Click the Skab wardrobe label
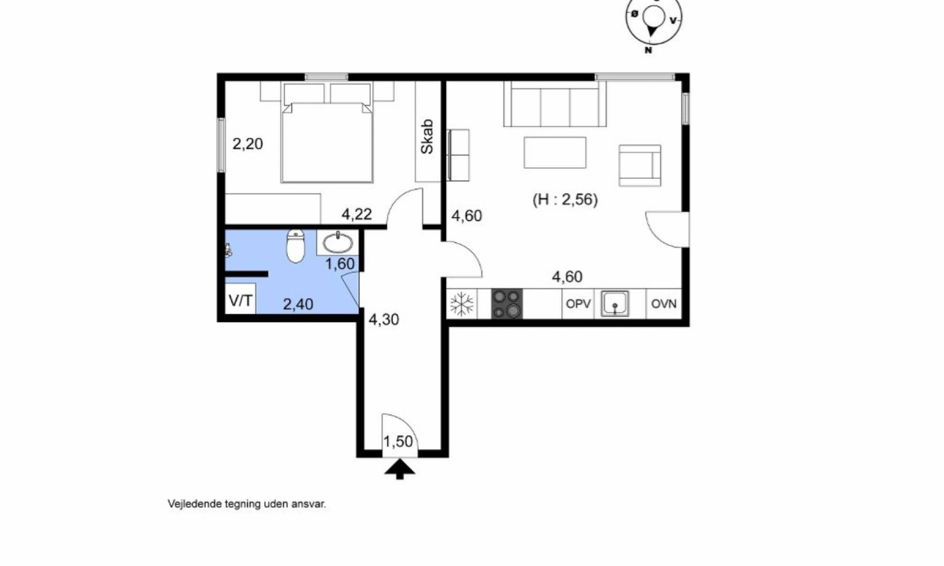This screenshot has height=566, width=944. [x=427, y=137]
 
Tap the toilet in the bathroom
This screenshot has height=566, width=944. [x=296, y=246]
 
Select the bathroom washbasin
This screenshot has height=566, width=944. [x=338, y=243]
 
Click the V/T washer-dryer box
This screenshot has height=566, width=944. [x=241, y=300]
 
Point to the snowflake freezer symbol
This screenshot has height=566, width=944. [x=462, y=304]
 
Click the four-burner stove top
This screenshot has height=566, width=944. [x=507, y=304]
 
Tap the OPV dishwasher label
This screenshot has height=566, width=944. [x=578, y=304]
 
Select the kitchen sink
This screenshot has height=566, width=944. [x=615, y=304]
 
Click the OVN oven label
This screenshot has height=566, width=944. [x=664, y=304]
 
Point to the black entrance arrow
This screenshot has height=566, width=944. [x=400, y=469]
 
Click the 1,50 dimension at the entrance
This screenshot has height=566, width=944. [x=398, y=442]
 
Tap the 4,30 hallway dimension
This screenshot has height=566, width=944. [x=384, y=319]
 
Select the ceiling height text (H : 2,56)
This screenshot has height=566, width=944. [x=565, y=200]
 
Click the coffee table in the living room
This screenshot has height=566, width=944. [x=555, y=153]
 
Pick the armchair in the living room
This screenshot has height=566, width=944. [x=640, y=166]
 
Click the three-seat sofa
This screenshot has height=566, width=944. [x=555, y=104]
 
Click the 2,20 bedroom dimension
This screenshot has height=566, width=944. [x=248, y=144]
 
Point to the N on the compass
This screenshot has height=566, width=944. [x=648, y=50]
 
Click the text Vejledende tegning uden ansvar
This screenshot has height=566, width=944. [x=246, y=504]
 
